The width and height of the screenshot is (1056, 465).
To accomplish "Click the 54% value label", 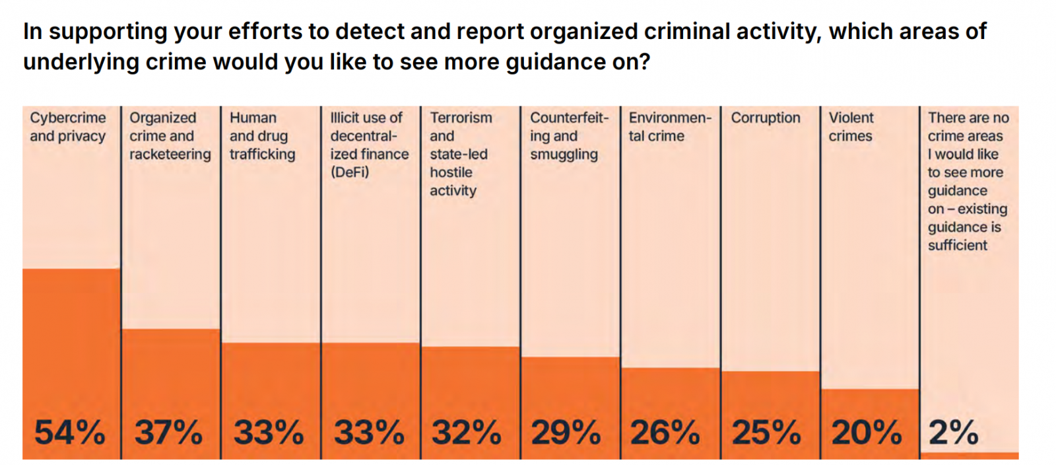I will pos(69,433).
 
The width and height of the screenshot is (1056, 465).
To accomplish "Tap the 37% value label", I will pos(168,433).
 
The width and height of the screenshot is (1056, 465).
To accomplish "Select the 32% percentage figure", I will pos(466,433).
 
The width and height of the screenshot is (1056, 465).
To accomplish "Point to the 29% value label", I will pos(566,433).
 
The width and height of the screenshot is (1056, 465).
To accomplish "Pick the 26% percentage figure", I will pos(665,433).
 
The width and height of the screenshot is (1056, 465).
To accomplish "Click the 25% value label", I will pos(766,433).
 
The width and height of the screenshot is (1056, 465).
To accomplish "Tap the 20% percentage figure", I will pos(866,433).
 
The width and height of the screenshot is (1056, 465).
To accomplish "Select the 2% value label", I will pos(953,433).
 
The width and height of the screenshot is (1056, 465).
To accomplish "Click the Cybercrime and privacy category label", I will pos(67,127).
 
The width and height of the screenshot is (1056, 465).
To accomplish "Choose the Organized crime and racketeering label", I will pos(170,136).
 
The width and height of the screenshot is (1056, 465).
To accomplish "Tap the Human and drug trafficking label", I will pos(262,136).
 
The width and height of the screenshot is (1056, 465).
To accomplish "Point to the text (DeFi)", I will pos(350,172).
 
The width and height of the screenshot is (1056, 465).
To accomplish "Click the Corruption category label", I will pos(765,118).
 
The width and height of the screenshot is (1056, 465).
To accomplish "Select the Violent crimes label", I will pos(851,127).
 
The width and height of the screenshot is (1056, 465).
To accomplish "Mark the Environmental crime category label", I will pos(669,127).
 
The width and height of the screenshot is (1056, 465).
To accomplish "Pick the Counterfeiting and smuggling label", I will pos(568,136).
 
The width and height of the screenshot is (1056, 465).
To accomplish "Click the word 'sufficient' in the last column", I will pos(957,245).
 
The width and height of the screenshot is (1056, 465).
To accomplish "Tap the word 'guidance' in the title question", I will pos(568,62).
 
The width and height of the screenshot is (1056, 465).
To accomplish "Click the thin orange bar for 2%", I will pos(969,456).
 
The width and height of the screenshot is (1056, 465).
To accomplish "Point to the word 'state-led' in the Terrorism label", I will pos(459,154).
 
